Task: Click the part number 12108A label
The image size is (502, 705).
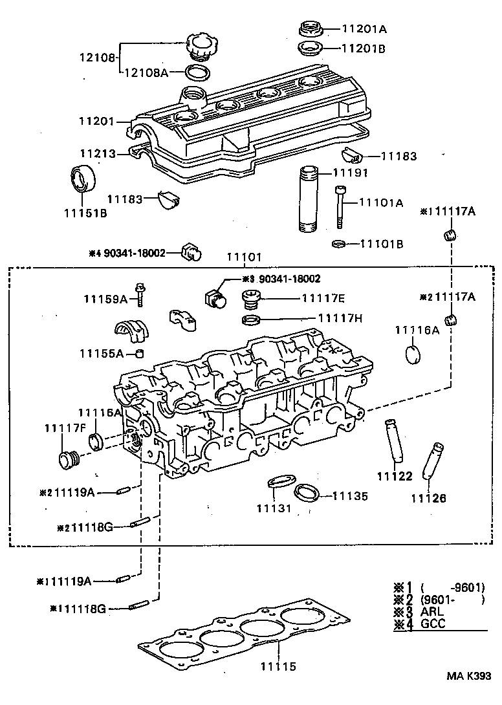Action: click(x=146, y=72)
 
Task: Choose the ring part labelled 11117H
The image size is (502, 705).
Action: click(x=251, y=319)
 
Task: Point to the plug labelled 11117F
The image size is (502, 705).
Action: click(x=67, y=460)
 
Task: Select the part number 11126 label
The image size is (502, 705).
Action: click(x=428, y=498)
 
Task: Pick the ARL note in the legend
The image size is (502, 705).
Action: click(x=431, y=612)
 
